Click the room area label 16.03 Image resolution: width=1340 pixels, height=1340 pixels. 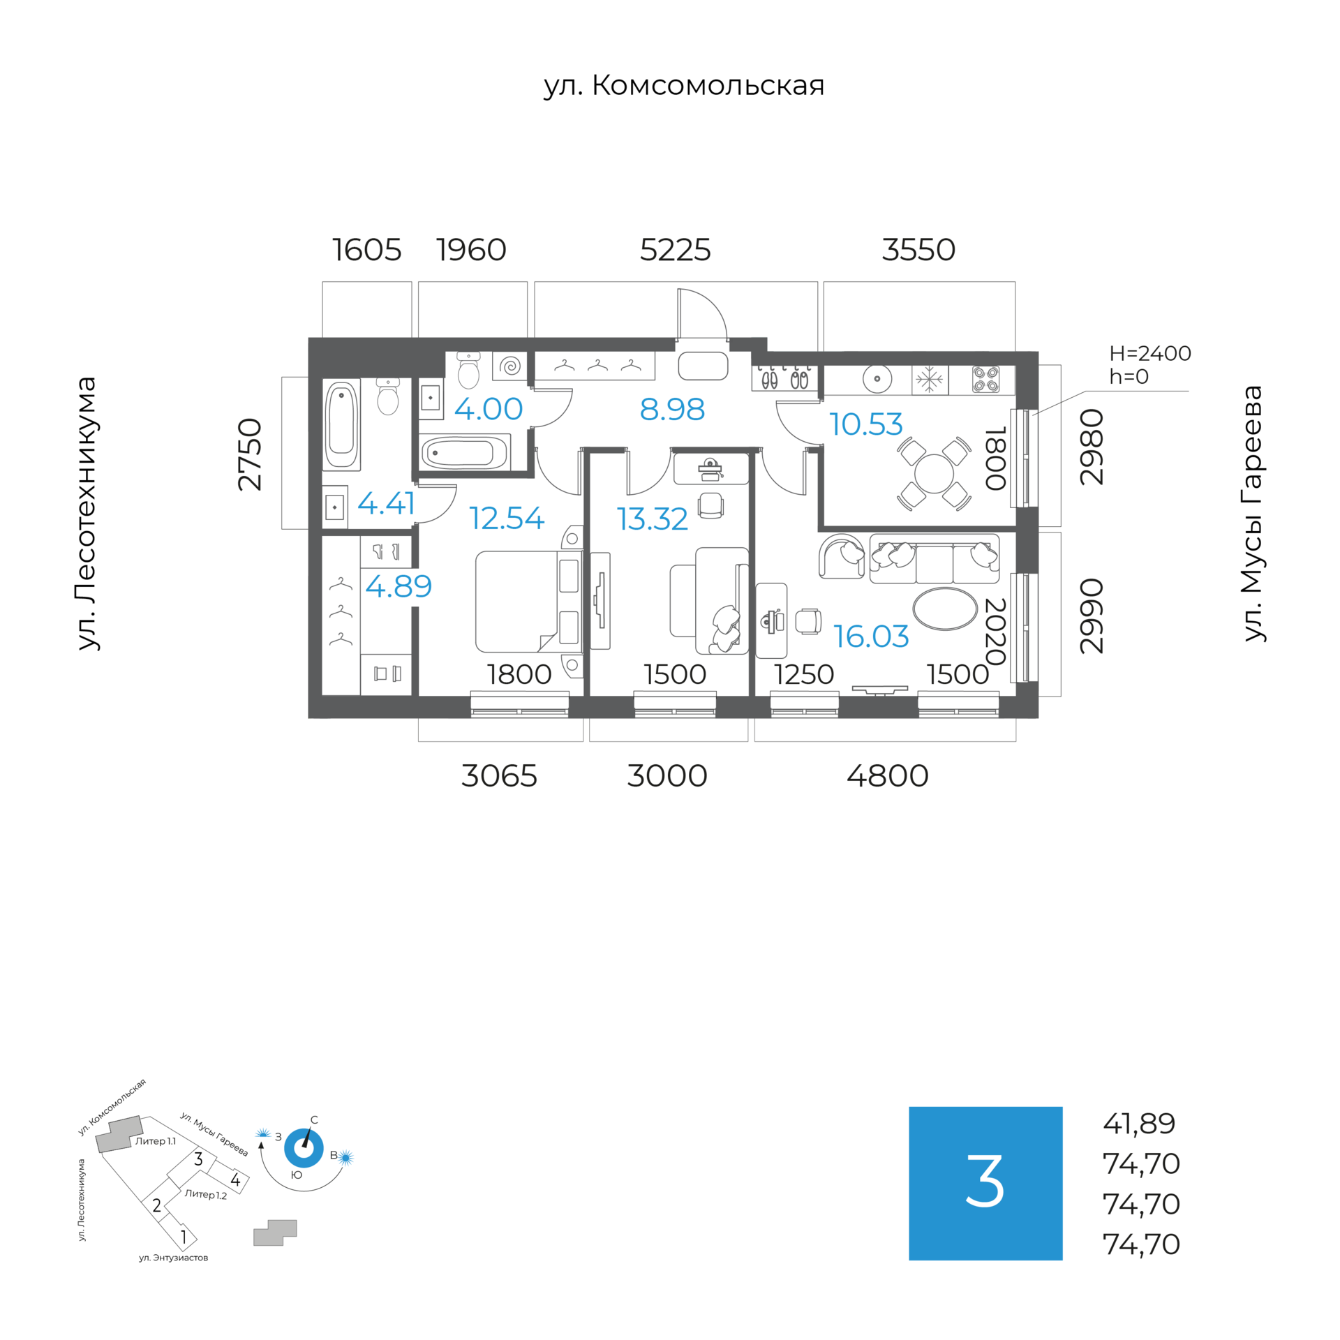coord(870,636)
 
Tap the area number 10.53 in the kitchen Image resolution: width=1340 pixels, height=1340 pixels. coord(865,424)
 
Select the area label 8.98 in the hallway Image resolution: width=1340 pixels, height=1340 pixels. coord(671,410)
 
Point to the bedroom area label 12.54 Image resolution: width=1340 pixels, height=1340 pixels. coord(506,518)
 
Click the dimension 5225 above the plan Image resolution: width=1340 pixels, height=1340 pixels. coord(675,250)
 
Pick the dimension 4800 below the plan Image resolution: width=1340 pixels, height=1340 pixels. coord(887,776)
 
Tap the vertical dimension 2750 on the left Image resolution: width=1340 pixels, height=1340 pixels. coord(249,454)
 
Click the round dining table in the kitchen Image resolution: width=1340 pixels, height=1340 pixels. coord(933,473)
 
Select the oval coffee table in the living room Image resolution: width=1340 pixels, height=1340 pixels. coord(945,609)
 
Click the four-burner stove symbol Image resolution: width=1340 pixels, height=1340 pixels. coord(985,380)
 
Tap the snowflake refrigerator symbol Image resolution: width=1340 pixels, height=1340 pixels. coord(929,380)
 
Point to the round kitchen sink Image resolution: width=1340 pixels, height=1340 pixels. coord(877,380)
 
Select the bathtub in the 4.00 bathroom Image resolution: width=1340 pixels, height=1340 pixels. coord(464,453)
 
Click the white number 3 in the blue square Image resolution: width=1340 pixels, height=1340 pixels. coord(985,1182)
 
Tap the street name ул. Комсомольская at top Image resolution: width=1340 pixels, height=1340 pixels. coord(684,85)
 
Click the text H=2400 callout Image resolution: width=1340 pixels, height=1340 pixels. coord(1149,353)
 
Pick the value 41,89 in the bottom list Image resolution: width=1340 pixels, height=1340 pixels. coord(1139,1124)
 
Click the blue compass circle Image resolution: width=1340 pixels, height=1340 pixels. coord(304,1147)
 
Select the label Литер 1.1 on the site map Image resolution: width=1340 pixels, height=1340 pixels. coord(155,1141)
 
